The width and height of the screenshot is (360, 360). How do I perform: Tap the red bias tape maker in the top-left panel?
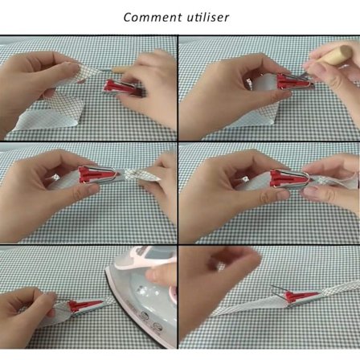[x=123, y=88]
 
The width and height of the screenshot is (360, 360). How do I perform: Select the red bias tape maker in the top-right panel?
[x=294, y=80]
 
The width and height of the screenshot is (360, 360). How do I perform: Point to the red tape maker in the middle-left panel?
[x=99, y=174]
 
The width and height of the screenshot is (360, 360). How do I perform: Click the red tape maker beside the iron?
[x=85, y=305]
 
